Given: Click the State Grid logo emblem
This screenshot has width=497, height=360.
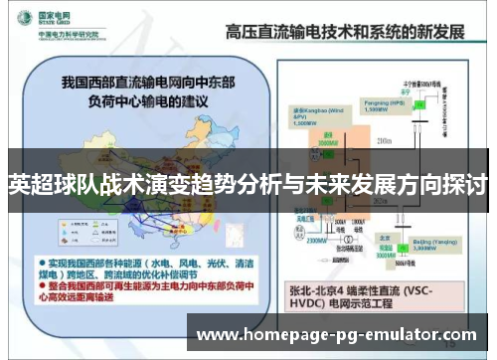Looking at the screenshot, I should (x=21, y=19).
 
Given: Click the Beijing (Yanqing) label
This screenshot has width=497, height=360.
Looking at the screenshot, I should (x=374, y=245).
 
